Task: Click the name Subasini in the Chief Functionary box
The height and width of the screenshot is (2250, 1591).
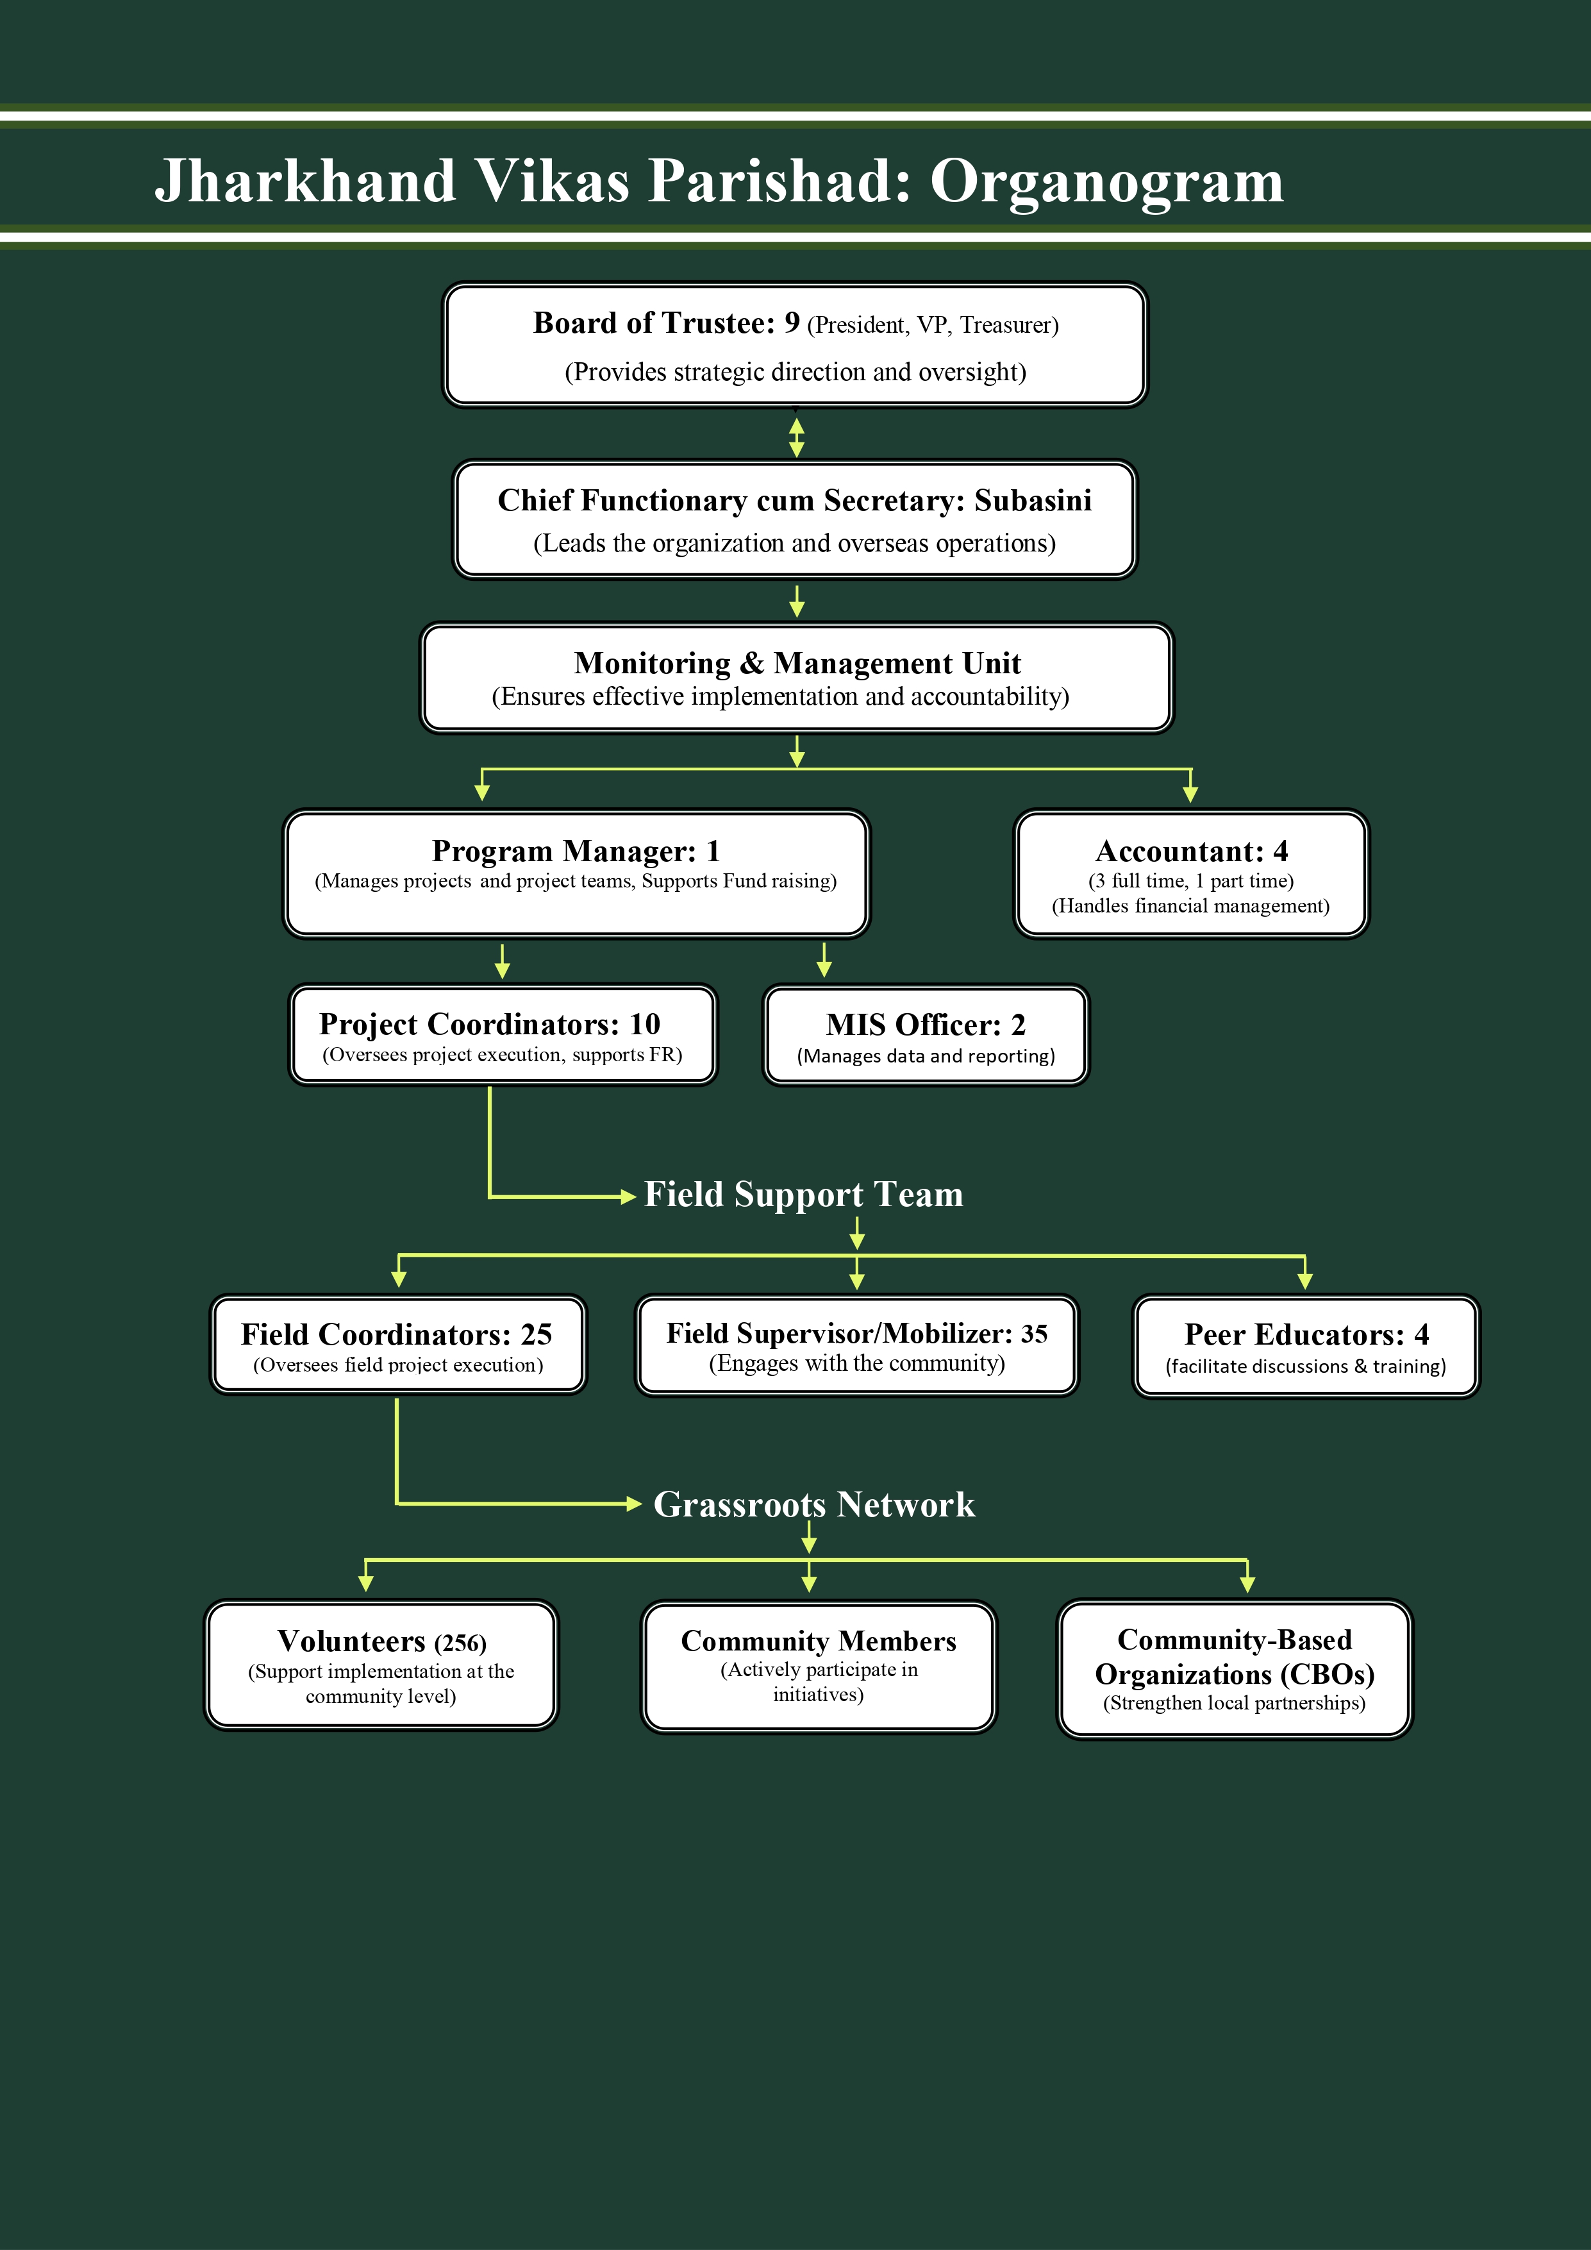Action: coord(1033,501)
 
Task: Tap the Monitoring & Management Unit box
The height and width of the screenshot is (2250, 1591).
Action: coord(795,678)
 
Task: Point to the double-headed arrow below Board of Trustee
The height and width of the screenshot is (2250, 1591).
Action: coord(797,437)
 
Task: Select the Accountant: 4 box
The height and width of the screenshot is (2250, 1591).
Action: coord(1190,874)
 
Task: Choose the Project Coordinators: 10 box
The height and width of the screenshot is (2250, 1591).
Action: coord(503,1036)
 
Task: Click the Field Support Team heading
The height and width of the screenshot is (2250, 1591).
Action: coord(803,1195)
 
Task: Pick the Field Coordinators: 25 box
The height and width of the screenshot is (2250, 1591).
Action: coord(397,1345)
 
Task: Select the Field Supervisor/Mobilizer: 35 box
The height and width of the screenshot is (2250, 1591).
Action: coord(856,1345)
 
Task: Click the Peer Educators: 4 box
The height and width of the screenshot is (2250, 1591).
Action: coord(1305,1347)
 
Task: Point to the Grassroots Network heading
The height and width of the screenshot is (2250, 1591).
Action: coord(814,1504)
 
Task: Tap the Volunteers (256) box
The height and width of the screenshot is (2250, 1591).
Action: coord(381,1665)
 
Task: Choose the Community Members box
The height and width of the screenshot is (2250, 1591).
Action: coord(818,1665)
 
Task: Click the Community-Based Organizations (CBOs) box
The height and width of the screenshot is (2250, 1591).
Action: coord(1235,1669)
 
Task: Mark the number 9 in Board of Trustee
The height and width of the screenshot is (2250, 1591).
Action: coord(792,323)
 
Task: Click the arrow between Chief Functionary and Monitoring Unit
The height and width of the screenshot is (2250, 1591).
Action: coord(797,601)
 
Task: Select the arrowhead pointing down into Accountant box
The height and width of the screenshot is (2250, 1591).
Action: coord(1190,794)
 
